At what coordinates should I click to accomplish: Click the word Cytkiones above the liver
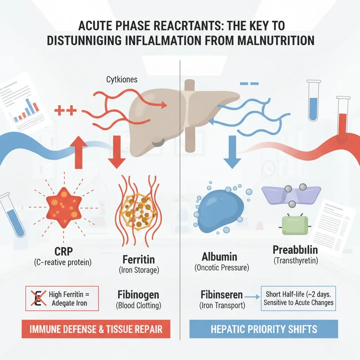coord(122,80)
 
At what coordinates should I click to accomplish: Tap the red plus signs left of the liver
coord(65,110)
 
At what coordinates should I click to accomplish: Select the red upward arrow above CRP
coord(78,152)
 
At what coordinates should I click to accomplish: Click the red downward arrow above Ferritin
coord(117,152)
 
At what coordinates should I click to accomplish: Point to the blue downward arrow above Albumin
coord(232,152)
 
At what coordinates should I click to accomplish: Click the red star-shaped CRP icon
coord(64,207)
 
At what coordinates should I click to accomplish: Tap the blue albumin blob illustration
coord(220,211)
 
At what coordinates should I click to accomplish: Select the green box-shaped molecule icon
coord(295,225)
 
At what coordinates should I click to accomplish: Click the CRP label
coord(64,251)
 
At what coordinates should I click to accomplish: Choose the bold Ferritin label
coord(139,260)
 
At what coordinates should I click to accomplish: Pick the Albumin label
coord(219,257)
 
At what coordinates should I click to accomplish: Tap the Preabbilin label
coord(295,250)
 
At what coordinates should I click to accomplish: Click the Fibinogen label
coord(138,295)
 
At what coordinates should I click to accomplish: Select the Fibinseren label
coord(221,295)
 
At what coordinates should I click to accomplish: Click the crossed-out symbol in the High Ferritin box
coord(38,298)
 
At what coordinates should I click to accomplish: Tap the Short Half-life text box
coord(298,298)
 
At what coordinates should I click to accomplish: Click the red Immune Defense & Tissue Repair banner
coord(96,329)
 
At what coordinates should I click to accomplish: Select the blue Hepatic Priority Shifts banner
coord(264,329)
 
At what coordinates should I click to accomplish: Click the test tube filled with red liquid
coord(343,120)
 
